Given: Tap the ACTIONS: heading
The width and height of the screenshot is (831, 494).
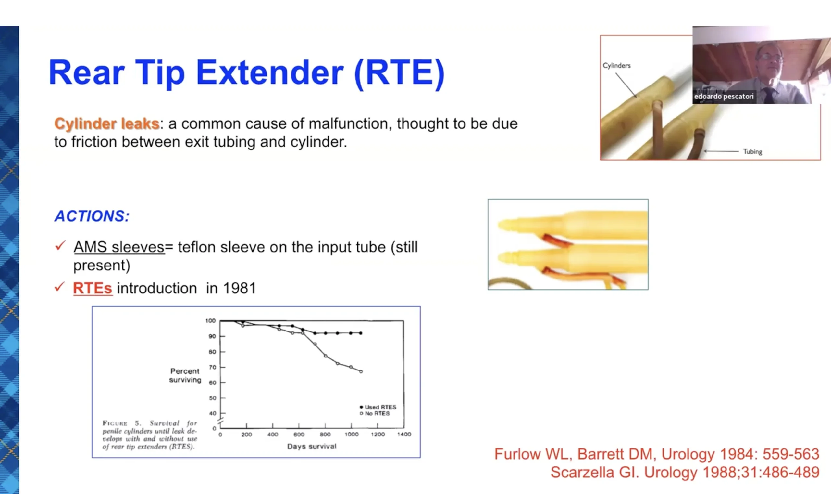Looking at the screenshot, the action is click(92, 216).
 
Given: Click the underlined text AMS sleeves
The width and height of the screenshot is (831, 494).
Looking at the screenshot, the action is click(119, 247).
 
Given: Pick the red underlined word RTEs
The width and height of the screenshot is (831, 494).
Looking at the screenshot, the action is click(93, 288).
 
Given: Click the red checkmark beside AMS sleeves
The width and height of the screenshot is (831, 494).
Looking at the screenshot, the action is click(60, 246).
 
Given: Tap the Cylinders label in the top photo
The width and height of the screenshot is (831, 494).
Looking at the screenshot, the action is click(617, 66).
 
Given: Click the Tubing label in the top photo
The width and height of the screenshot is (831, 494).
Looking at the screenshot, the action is click(752, 152).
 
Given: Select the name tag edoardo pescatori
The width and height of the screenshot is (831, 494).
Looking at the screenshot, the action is click(724, 97).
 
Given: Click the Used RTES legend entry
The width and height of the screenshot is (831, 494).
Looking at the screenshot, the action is click(378, 407).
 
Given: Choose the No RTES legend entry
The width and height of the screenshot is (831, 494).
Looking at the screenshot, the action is click(375, 413).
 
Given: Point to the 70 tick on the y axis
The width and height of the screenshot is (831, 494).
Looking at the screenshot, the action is click(212, 367).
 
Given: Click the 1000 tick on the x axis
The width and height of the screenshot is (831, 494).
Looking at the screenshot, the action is click(351, 435).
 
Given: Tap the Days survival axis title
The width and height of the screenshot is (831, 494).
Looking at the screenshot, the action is click(312, 447).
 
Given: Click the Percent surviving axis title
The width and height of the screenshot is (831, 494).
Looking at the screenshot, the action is click(185, 375).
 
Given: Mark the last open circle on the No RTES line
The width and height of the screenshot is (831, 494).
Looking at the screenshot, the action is click(361, 371).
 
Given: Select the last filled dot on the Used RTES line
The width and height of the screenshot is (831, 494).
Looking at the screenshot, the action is click(361, 333).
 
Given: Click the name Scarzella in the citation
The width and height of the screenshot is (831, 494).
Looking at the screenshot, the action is click(582, 472).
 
